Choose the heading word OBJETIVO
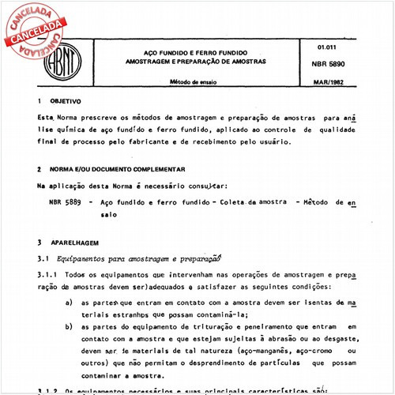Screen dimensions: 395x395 [65, 102]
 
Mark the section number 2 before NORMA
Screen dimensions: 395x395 [39, 169]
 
